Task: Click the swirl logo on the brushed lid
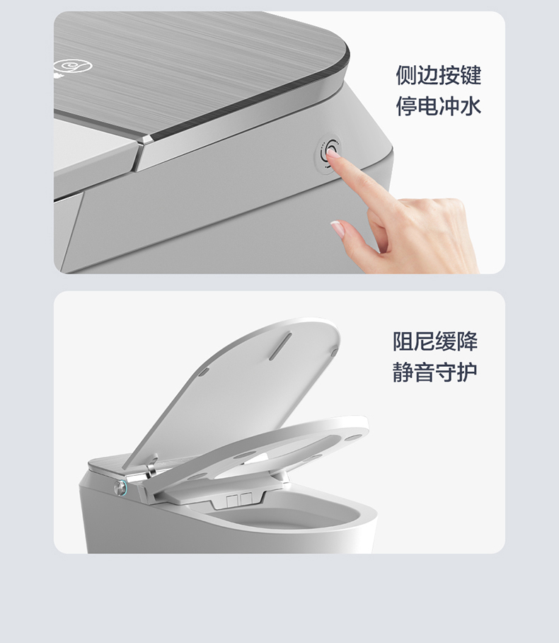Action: (73, 66)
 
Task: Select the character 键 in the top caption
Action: (471, 75)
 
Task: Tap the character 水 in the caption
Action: (471, 106)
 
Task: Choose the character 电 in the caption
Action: (427, 106)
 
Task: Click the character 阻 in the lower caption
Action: (403, 341)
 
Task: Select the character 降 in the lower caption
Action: (467, 341)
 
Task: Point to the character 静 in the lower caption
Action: (403, 372)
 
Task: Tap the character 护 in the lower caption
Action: (467, 372)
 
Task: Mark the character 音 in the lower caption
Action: (425, 372)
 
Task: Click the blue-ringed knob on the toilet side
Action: (121, 487)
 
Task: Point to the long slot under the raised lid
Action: (280, 346)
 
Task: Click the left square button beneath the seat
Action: (232, 499)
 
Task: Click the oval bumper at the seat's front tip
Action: (353, 438)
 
